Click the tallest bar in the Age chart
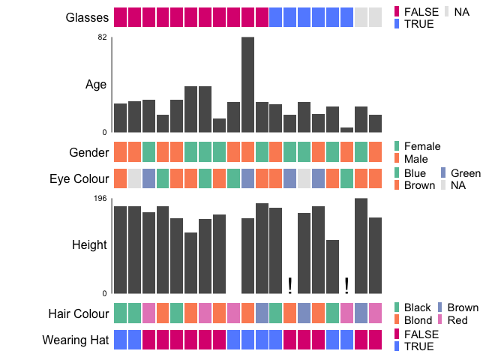point(247,84)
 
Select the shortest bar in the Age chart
point(346,130)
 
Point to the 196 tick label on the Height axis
point(101,198)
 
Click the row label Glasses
point(87,17)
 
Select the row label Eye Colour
point(79,178)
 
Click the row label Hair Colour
point(79,313)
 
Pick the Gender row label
point(89,153)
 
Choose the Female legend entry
point(421,146)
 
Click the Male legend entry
point(416,160)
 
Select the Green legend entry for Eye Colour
point(465,173)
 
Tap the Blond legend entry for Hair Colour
point(418,320)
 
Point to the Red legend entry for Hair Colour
point(457,320)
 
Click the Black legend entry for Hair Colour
point(417,307)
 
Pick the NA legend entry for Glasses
point(461,12)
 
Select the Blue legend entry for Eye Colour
point(415,173)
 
